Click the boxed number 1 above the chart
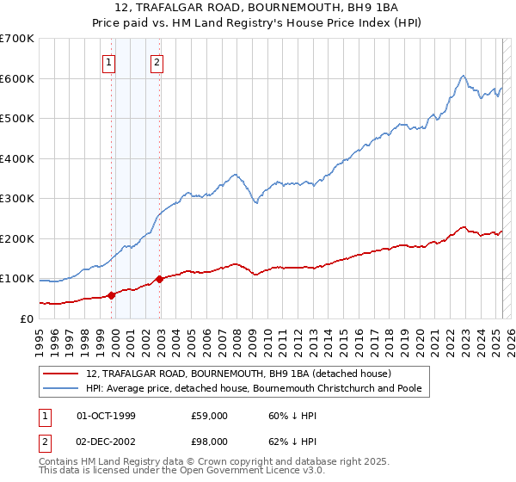click(110, 61)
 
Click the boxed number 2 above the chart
click(158, 61)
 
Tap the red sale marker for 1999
click(112, 295)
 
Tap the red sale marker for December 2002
click(159, 280)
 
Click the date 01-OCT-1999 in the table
click(106, 416)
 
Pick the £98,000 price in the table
click(209, 440)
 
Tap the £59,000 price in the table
click(209, 416)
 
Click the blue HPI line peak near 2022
click(463, 76)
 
